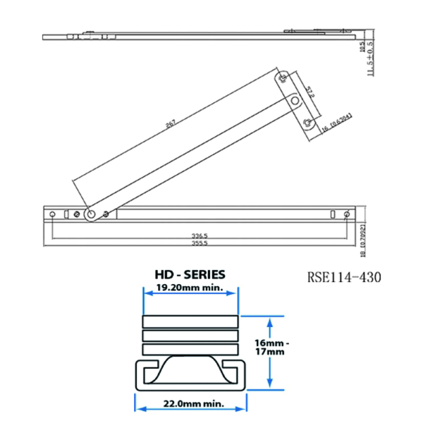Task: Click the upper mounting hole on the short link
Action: (x=283, y=78)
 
